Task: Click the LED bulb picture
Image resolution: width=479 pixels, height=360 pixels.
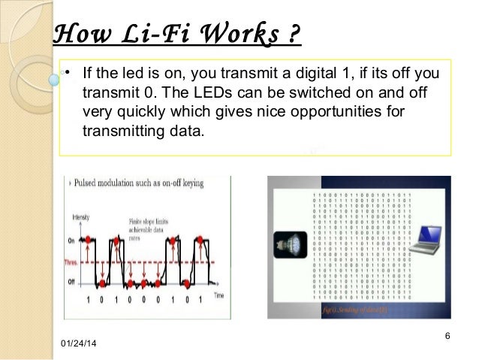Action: [290, 242]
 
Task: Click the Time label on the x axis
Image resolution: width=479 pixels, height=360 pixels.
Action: [218, 296]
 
